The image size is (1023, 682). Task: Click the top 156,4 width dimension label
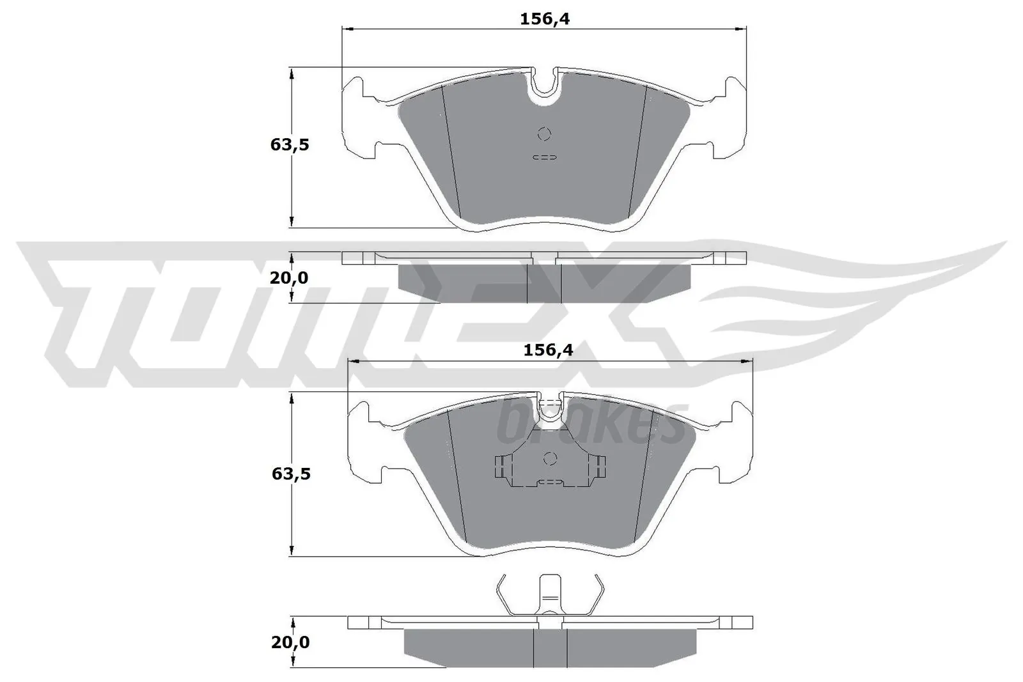[544, 19]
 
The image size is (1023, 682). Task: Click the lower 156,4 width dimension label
[548, 350]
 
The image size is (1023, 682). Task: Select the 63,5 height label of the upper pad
[289, 144]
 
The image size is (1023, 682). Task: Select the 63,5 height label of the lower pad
[290, 474]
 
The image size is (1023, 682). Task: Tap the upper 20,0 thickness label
[288, 277]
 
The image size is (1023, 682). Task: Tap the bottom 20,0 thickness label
[290, 642]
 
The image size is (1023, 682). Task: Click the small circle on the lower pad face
[550, 458]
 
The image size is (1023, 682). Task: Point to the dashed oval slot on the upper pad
[545, 157]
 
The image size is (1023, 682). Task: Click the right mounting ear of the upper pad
[730, 121]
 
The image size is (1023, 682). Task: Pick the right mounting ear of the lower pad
[735, 447]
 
